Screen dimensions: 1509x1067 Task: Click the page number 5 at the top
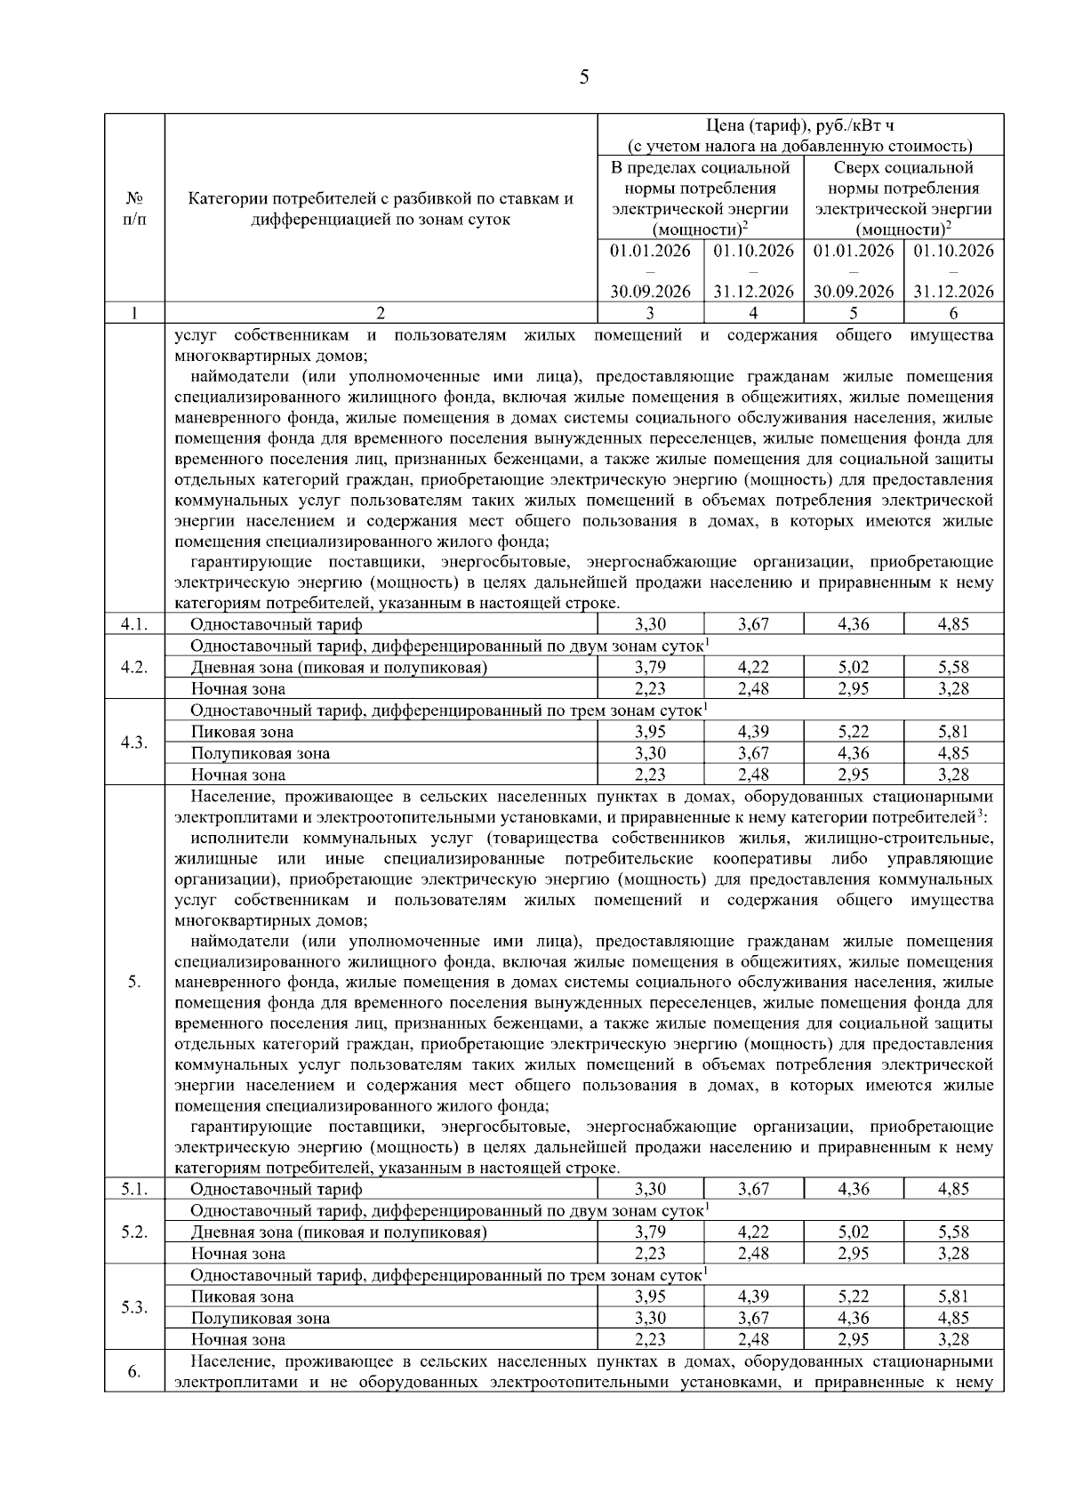tap(583, 77)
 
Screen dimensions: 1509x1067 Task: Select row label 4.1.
tap(134, 624)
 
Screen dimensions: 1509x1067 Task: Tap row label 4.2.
tap(134, 667)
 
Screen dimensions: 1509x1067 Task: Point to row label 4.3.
tap(134, 742)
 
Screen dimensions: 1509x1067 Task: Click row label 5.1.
tap(134, 1189)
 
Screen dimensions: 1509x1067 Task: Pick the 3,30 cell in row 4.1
tap(650, 624)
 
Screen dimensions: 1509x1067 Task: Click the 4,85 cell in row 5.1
tap(953, 1189)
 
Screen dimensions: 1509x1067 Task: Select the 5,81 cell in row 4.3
tap(953, 732)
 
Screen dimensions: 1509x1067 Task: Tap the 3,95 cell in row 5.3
tap(650, 1296)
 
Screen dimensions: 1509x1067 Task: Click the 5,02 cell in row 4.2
tap(853, 667)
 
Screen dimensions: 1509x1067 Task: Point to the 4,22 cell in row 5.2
tap(753, 1232)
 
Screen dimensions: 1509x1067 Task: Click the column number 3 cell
tap(650, 313)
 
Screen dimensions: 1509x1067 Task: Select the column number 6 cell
tap(953, 313)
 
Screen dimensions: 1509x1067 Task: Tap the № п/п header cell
tap(134, 208)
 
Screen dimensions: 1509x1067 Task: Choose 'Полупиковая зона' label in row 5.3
tap(260, 1318)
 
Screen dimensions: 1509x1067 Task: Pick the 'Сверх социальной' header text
tap(903, 167)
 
